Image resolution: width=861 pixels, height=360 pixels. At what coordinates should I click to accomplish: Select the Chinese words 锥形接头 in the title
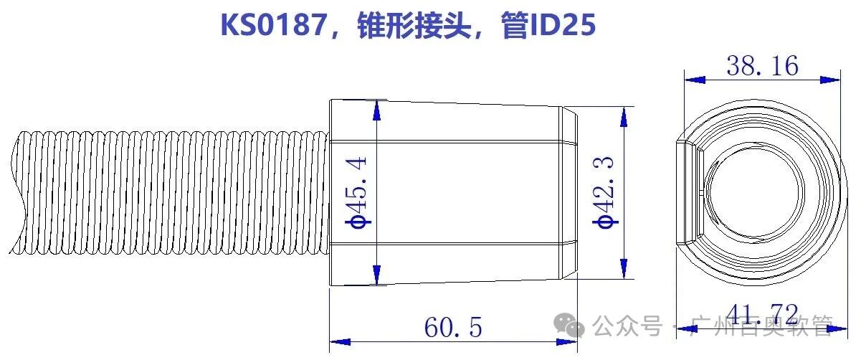pos(414,26)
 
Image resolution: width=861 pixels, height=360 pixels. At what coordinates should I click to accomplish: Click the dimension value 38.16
pos(762,66)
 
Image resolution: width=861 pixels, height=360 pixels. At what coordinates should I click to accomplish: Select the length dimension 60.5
pos(453,328)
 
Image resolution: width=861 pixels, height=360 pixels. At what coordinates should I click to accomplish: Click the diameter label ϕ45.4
pos(359,192)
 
